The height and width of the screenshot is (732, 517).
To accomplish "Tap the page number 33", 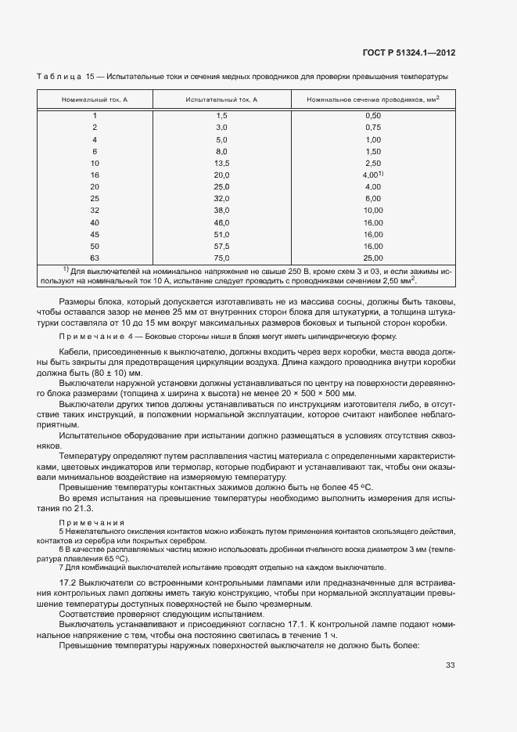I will tap(450, 665).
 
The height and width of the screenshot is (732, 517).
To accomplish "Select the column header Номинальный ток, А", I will tap(95, 100).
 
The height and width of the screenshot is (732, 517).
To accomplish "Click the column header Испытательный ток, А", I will tap(221, 100).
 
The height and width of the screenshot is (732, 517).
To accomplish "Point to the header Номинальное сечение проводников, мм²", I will tap(372, 100).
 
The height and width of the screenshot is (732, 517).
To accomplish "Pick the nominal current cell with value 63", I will tap(95, 258).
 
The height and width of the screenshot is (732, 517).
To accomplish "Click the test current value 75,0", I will tap(221, 258).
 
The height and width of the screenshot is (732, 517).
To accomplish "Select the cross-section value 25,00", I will tap(372, 258).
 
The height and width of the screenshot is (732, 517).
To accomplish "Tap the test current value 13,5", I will tap(221, 163).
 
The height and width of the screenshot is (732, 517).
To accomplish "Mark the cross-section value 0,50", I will tap(372, 115).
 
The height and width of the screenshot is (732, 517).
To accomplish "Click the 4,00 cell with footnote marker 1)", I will tap(372, 175).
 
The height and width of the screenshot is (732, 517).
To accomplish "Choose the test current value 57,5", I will tap(221, 246).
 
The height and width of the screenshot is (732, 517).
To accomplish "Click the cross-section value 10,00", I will tap(372, 211).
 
